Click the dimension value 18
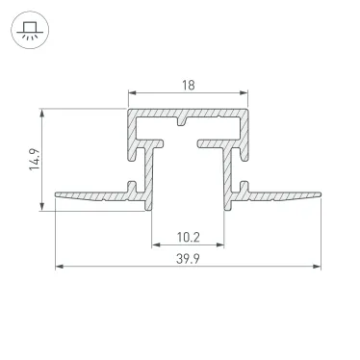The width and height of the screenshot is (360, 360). pyautogui.click(x=187, y=85)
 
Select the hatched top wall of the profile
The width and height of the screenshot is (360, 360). pyautogui.click(x=187, y=113)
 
